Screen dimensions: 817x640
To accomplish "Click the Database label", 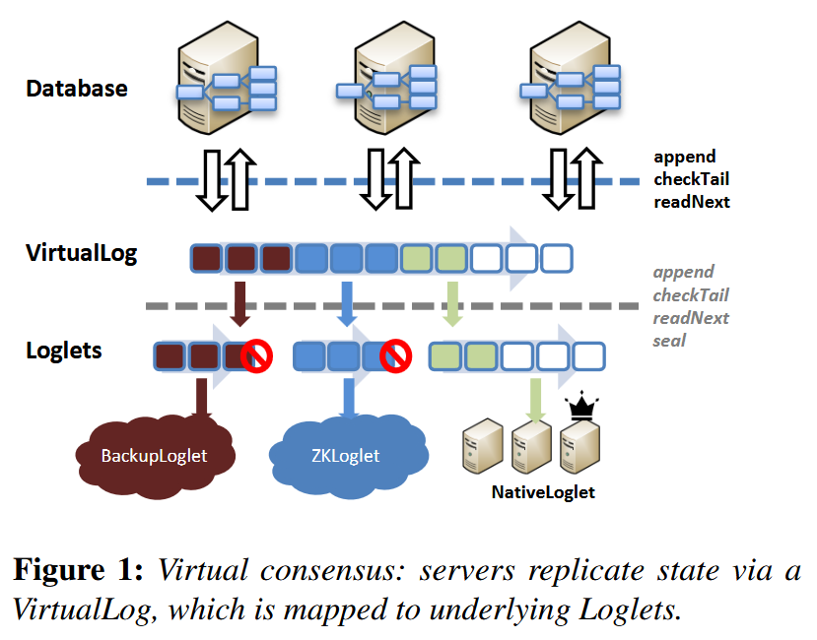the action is click(77, 89).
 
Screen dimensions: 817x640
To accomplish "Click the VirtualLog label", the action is click(81, 253).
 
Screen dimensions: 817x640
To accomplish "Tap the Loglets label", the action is click(64, 351).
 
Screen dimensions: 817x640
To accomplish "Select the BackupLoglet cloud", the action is click(155, 456).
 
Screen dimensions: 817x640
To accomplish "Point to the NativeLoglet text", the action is click(543, 492).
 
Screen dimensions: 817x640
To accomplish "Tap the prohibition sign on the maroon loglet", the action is click(256, 356).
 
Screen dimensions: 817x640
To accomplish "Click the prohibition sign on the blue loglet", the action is click(395, 356).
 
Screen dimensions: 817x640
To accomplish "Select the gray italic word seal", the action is click(669, 341).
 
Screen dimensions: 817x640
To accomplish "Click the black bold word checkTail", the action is click(692, 179).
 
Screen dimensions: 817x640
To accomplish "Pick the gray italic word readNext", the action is click(691, 318).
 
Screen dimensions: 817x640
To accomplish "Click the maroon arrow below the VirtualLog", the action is click(239, 304).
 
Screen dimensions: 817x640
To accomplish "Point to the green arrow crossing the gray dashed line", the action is click(452, 304).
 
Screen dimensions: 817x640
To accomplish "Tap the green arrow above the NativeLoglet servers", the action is click(536, 401).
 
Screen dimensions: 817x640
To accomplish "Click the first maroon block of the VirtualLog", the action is click(206, 259).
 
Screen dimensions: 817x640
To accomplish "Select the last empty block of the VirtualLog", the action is click(557, 259).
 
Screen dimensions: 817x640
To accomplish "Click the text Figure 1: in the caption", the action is click(78, 570).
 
